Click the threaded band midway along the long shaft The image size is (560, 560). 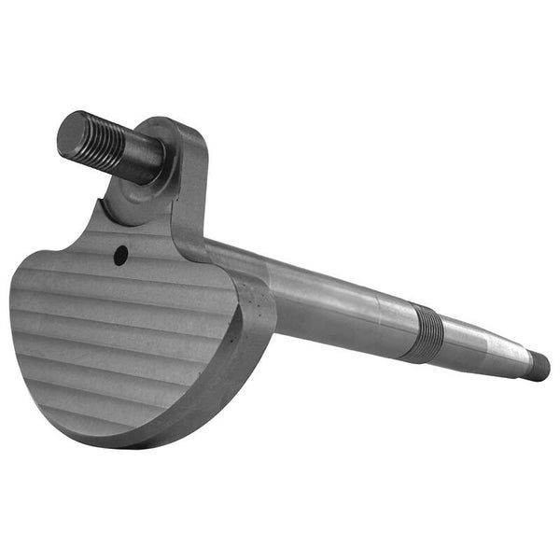(427, 332)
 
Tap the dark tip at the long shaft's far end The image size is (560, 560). (539, 366)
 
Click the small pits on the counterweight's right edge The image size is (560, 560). (250, 308)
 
